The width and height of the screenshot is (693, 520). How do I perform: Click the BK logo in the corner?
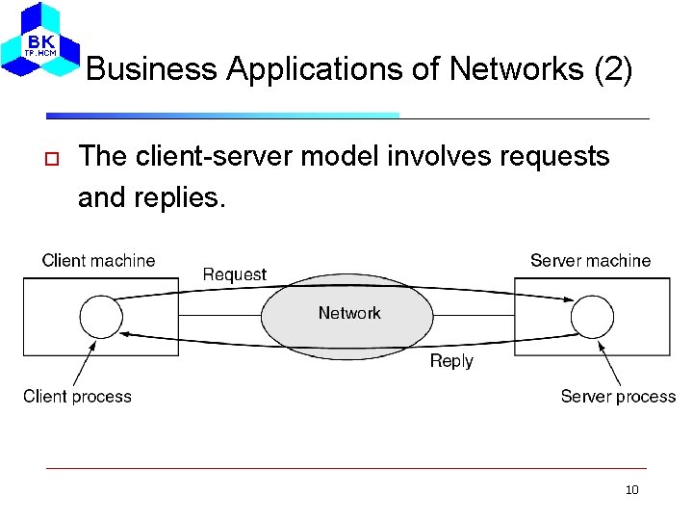click(x=40, y=40)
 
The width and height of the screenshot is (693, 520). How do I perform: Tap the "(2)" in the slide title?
click(x=613, y=69)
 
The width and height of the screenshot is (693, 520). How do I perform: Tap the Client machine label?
click(x=98, y=261)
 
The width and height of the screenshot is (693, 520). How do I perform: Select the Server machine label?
click(x=590, y=261)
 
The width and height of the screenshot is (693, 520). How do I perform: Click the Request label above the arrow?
click(x=235, y=274)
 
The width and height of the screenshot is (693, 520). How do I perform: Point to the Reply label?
click(x=451, y=361)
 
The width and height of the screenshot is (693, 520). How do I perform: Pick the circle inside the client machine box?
click(x=100, y=315)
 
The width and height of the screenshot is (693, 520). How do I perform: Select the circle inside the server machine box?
click(x=592, y=315)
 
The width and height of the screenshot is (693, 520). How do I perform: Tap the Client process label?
click(x=77, y=397)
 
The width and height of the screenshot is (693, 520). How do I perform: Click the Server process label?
click(x=618, y=397)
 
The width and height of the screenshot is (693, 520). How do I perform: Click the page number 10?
click(x=631, y=490)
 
